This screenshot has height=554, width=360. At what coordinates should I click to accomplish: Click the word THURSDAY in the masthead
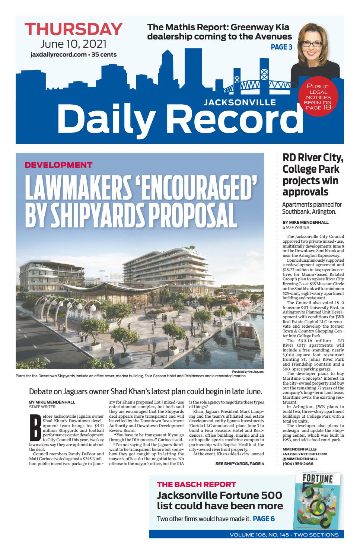click(x=73, y=29)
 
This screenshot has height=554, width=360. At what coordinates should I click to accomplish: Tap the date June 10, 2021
click(x=73, y=44)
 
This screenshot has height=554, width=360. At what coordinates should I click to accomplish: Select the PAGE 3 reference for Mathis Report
click(x=281, y=47)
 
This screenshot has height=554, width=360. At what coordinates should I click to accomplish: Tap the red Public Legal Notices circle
click(x=317, y=97)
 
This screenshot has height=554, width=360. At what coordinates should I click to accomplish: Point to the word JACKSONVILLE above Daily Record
click(x=240, y=102)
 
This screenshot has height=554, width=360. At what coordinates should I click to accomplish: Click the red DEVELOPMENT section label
click(x=58, y=165)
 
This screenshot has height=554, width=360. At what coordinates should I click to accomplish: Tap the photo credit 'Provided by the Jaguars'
click(x=248, y=372)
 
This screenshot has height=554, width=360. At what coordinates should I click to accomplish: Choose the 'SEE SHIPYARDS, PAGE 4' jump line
click(x=239, y=464)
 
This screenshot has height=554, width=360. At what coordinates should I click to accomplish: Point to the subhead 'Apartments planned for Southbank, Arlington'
click(x=312, y=208)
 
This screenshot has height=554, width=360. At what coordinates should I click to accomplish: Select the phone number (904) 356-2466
click(x=298, y=464)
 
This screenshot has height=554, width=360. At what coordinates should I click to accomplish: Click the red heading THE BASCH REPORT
click(x=196, y=484)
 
